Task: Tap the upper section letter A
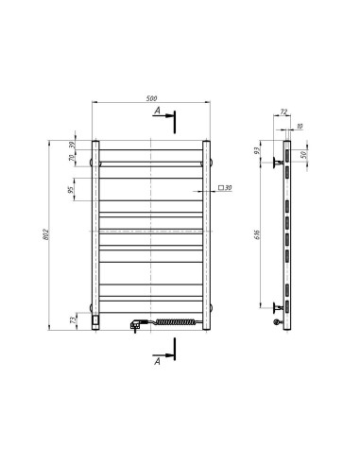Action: [x=158, y=112]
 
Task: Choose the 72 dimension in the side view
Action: [x=283, y=112]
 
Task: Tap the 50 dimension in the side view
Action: [x=302, y=154]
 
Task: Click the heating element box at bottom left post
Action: [x=96, y=320]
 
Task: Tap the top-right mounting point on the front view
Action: [x=209, y=162]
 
